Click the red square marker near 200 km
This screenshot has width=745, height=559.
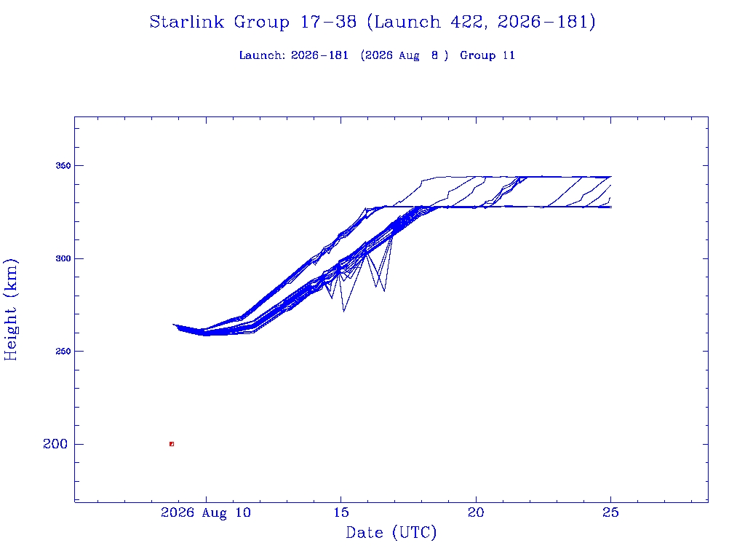point(172,444)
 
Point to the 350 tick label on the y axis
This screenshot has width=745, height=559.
point(63,166)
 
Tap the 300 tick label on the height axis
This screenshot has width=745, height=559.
point(63,258)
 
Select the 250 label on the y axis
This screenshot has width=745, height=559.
point(63,352)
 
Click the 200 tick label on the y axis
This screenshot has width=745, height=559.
point(55,444)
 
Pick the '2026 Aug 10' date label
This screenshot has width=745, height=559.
point(206,512)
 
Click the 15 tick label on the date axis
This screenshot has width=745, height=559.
point(341,512)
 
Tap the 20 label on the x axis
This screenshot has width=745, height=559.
point(476,512)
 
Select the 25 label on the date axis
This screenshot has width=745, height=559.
point(610,512)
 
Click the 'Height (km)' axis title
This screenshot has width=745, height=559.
point(10,309)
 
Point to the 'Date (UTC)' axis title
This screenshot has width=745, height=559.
point(391,532)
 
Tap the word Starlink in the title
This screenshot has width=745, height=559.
point(186,22)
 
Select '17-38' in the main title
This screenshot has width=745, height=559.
point(328,22)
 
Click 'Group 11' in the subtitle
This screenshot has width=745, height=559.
point(487,55)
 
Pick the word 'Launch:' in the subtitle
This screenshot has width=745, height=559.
point(262,55)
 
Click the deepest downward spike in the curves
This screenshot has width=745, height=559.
point(343,312)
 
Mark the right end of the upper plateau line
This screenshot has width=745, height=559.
point(611,177)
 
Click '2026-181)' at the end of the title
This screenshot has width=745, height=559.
point(546,22)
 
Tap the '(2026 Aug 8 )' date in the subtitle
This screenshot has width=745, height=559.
point(405,55)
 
